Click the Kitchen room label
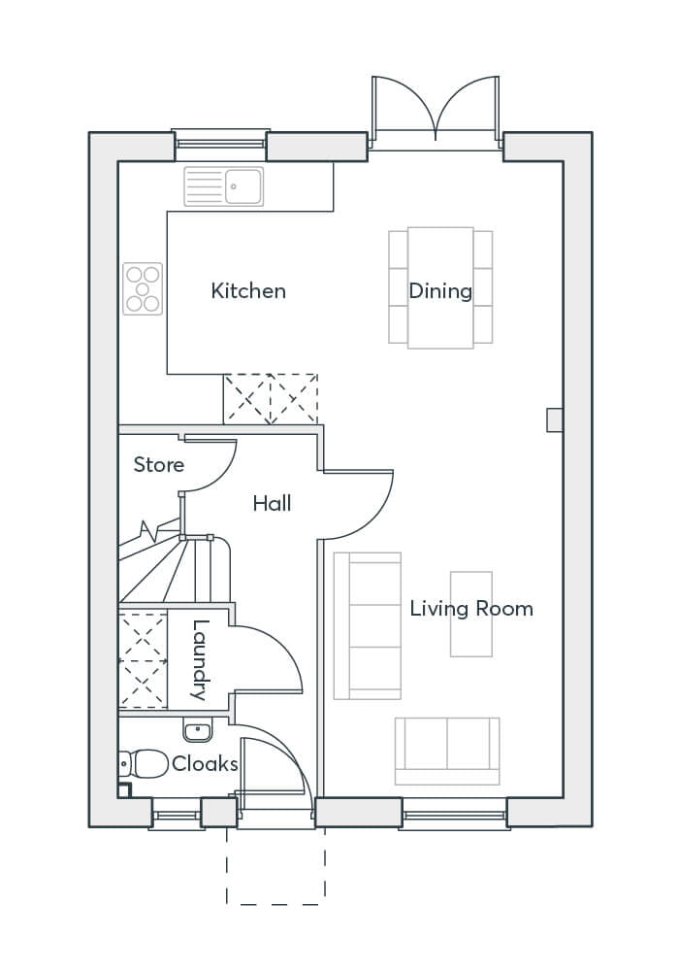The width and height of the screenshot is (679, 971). pyautogui.click(x=248, y=290)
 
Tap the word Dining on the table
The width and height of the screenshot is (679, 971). pyautogui.click(x=439, y=290)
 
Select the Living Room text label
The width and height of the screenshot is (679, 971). pyautogui.click(x=470, y=609)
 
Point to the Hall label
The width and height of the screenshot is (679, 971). pyautogui.click(x=272, y=503)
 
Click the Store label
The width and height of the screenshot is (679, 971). pyautogui.click(x=158, y=465)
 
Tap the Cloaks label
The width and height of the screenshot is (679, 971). pyautogui.click(x=205, y=764)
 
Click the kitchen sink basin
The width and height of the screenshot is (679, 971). pyautogui.click(x=243, y=185)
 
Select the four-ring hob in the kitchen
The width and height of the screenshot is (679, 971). pyautogui.click(x=143, y=288)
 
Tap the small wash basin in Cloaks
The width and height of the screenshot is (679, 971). pyautogui.click(x=197, y=729)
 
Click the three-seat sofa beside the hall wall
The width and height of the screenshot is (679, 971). pyautogui.click(x=367, y=625)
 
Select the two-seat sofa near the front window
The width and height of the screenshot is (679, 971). pyautogui.click(x=447, y=751)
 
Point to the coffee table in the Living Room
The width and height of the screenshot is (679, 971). pyautogui.click(x=470, y=613)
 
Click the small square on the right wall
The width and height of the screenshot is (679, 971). pyautogui.click(x=555, y=419)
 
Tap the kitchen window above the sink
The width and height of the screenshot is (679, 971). pyautogui.click(x=219, y=145)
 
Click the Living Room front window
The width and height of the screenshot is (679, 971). pyautogui.click(x=454, y=814)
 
